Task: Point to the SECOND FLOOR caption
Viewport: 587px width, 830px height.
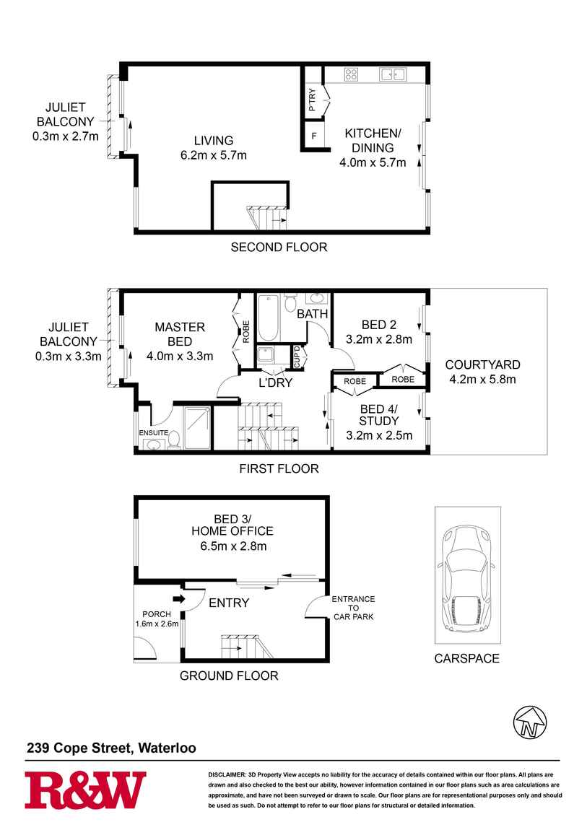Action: [279, 248]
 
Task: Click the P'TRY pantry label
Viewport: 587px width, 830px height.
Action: [313, 99]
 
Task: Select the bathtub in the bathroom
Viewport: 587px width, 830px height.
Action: [269, 318]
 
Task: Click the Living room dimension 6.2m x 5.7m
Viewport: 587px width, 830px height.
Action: [213, 155]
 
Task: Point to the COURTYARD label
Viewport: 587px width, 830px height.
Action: [482, 364]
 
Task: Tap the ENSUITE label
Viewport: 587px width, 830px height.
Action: [154, 432]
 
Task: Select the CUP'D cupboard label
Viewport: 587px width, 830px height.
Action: [297, 357]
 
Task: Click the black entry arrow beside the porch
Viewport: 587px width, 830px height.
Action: [177, 598]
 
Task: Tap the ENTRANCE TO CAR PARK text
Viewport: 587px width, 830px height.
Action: [352, 608]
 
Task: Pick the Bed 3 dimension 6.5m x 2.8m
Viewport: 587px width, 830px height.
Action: [233, 546]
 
